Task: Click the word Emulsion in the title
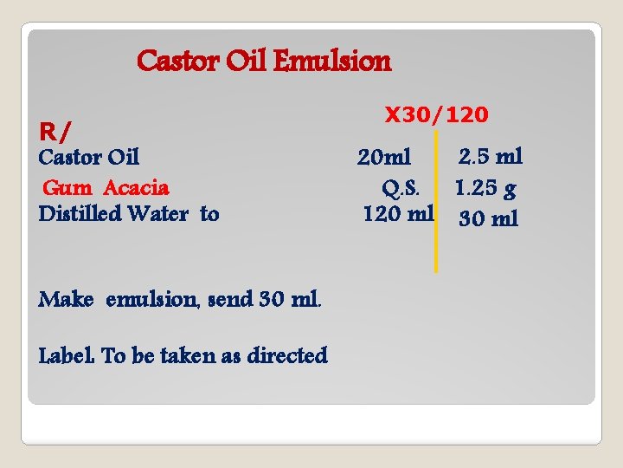[332, 62]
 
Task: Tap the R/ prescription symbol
[55, 132]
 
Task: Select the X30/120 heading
[436, 114]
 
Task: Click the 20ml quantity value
[384, 158]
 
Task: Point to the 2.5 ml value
[491, 157]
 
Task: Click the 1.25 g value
[487, 187]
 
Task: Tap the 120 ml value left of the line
[397, 213]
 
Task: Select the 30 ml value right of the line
[489, 218]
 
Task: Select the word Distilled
[80, 213]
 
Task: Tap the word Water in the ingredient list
[163, 213]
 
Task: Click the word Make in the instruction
[66, 299]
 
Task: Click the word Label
[67, 355]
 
